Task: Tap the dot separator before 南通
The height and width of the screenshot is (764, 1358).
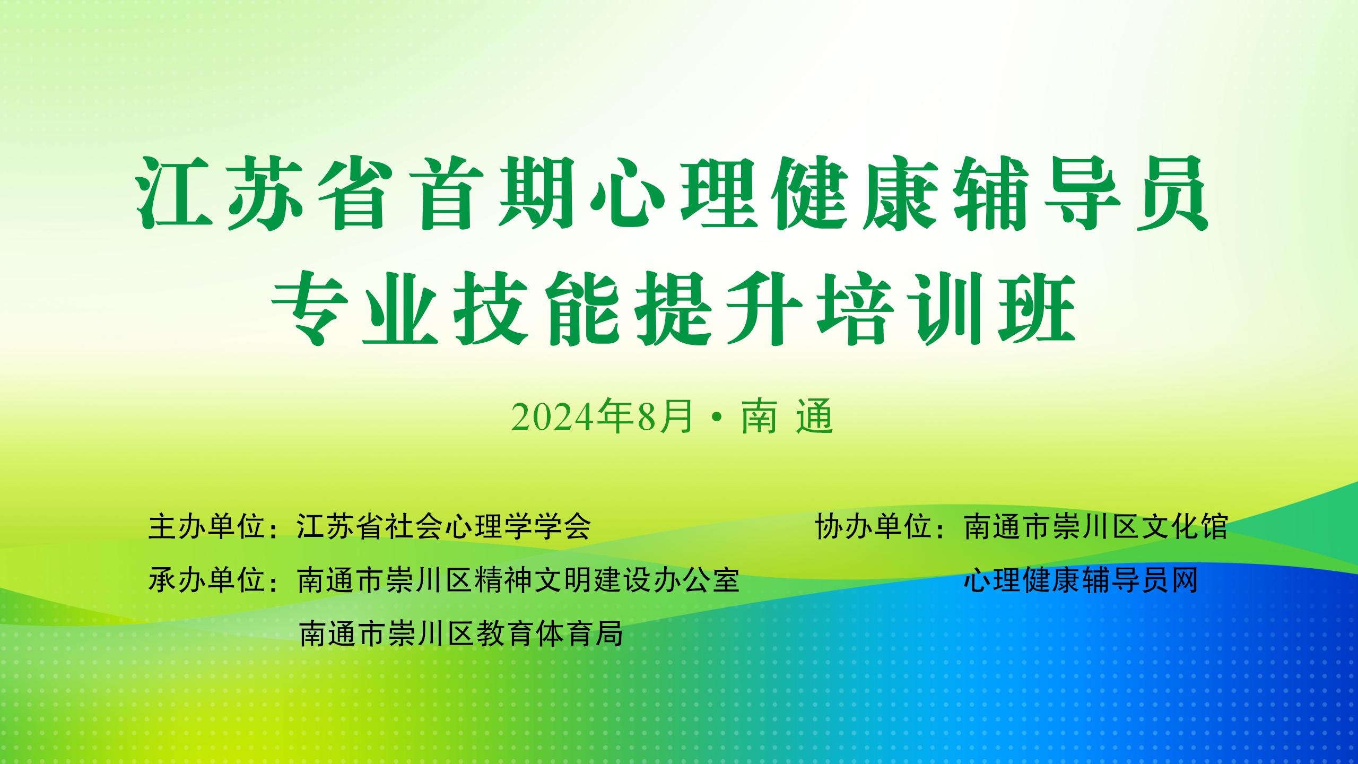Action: (717, 419)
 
